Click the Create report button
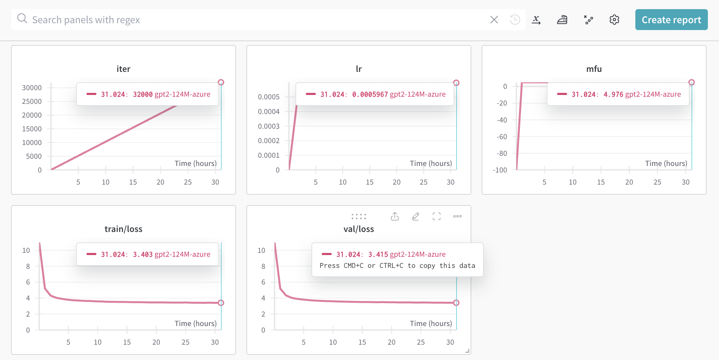click(x=671, y=20)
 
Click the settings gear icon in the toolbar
click(x=614, y=20)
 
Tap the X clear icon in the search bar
click(x=494, y=20)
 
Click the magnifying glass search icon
click(x=22, y=19)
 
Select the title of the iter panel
click(x=123, y=69)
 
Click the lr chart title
click(x=359, y=69)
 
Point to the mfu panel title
click(x=594, y=69)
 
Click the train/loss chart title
click(x=123, y=229)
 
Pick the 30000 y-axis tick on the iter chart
click(x=32, y=88)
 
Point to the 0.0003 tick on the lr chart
click(x=269, y=126)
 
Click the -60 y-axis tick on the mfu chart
click(x=502, y=137)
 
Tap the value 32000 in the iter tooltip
click(x=143, y=94)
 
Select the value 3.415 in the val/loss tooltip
click(x=378, y=254)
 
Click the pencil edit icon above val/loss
click(x=415, y=216)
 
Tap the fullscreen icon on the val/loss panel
click(x=437, y=216)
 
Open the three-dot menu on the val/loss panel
click(x=458, y=216)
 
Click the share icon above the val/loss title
click(x=395, y=216)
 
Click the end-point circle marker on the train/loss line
click(x=221, y=303)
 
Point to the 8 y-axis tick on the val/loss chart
click(x=263, y=266)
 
